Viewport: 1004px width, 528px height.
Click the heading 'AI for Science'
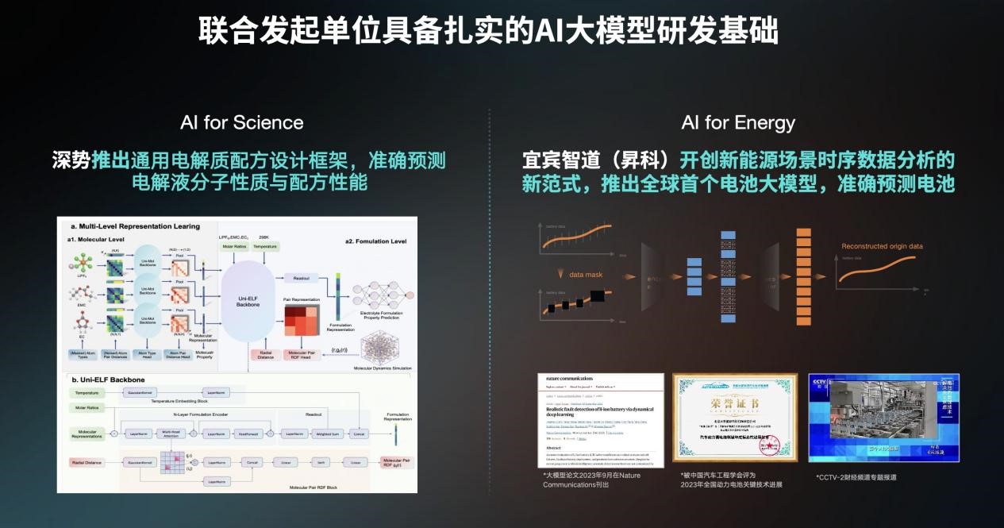point(241,122)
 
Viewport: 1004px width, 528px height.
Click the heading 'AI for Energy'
point(737,122)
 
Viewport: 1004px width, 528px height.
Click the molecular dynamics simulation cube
point(383,347)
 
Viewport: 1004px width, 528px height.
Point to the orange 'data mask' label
point(587,275)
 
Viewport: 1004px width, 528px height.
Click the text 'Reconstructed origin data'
point(882,246)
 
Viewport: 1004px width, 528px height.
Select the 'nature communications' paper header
point(571,379)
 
